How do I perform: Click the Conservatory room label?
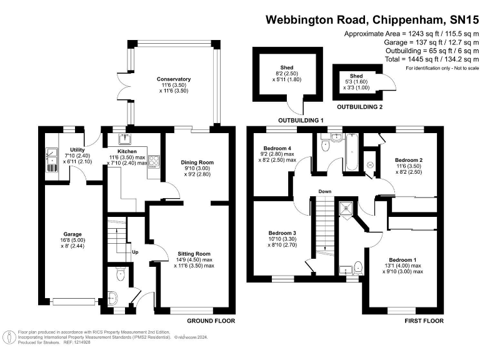point(174,79)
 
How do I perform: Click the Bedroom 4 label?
point(274,148)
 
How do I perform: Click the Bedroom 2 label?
point(409,160)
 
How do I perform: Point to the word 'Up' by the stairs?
point(134,252)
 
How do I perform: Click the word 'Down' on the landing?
point(324,191)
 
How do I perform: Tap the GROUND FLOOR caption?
point(211,321)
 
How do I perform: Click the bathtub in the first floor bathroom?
point(350,153)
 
